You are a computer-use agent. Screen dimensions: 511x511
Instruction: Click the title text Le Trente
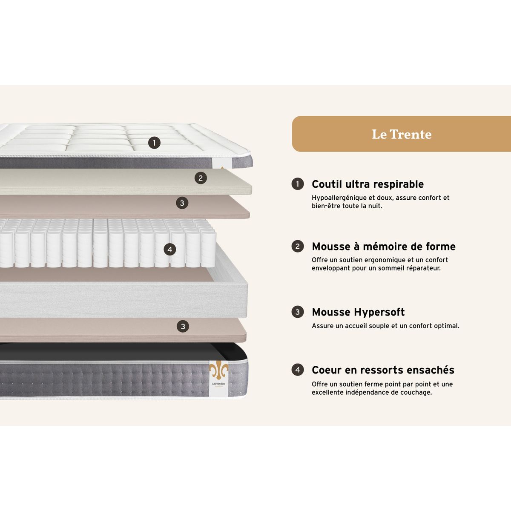click(x=402, y=134)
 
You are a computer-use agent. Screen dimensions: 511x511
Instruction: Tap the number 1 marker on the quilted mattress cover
click(x=154, y=143)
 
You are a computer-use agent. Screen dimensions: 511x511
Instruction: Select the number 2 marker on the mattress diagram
click(x=201, y=178)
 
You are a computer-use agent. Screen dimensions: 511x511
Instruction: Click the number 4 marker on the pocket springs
click(x=170, y=250)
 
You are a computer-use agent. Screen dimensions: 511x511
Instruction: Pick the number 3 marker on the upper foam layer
click(x=182, y=203)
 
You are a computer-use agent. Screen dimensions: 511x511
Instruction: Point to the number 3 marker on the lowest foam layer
click(x=183, y=327)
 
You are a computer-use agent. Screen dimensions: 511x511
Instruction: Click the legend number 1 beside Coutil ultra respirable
click(x=298, y=184)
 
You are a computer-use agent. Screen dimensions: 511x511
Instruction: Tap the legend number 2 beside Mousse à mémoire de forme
click(x=298, y=247)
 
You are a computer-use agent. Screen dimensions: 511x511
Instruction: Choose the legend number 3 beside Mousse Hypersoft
click(x=298, y=312)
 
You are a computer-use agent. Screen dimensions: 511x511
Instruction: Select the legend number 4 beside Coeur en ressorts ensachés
click(x=298, y=370)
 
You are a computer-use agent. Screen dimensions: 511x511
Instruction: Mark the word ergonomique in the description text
click(x=385, y=260)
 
